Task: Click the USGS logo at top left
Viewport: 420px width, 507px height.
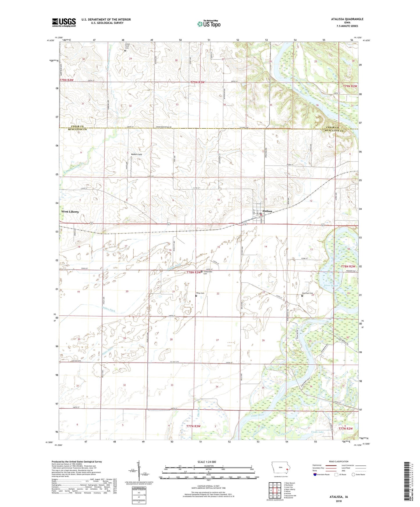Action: (x=64, y=22)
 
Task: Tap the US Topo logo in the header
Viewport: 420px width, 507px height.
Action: (x=209, y=24)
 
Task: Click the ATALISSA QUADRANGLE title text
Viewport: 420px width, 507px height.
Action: (x=347, y=19)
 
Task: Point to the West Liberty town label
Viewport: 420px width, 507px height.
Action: (x=70, y=212)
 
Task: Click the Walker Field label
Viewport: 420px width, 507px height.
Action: (x=136, y=154)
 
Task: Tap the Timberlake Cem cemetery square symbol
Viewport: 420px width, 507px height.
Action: (x=202, y=272)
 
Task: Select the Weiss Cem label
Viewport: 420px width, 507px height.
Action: (x=200, y=293)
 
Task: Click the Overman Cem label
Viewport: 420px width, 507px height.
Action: (x=307, y=293)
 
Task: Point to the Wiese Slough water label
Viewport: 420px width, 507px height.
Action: (x=331, y=286)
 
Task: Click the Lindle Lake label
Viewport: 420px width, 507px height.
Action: (x=317, y=432)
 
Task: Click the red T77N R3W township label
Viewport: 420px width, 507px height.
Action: (x=193, y=426)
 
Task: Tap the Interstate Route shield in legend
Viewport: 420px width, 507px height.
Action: (x=315, y=474)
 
